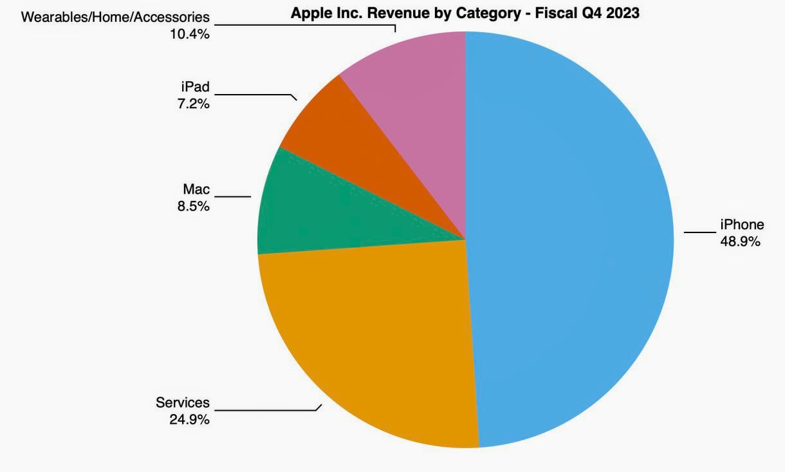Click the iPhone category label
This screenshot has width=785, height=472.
[x=742, y=225]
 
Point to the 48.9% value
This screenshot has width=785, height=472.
[x=741, y=241]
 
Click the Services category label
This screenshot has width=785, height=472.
[x=183, y=402]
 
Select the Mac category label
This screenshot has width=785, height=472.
[x=196, y=189]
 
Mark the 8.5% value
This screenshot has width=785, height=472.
[x=194, y=206]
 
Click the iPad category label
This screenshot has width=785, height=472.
[x=195, y=86]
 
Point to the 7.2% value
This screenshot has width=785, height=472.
[x=194, y=103]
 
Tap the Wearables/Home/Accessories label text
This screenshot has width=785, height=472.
[x=116, y=17]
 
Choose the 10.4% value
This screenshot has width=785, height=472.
[x=189, y=33]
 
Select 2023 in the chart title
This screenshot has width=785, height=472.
[x=620, y=13]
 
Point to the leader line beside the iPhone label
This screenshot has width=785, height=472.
[x=699, y=232]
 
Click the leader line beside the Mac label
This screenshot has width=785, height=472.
[x=233, y=196]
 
